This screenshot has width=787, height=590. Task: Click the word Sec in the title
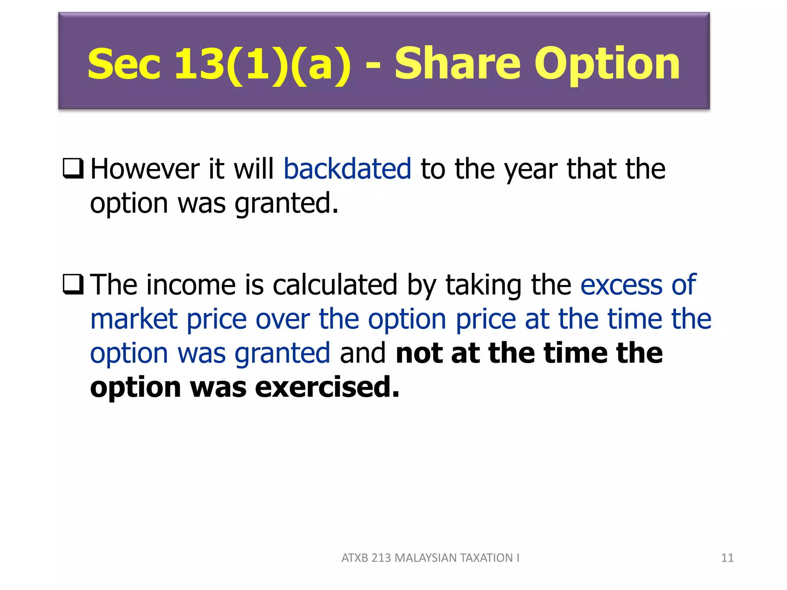124,64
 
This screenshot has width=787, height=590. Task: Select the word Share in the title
457,64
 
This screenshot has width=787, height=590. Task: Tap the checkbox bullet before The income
73,285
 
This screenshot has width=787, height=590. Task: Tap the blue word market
134,319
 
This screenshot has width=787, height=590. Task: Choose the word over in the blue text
282,320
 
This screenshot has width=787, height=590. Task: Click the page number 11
727,558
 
